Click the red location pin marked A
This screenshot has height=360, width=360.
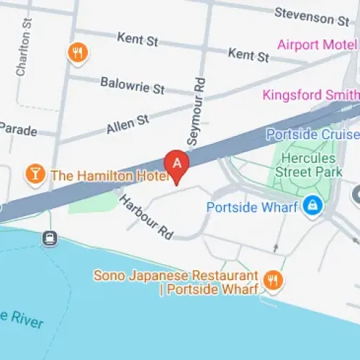(x=177, y=163)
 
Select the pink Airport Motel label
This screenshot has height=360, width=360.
(x=317, y=45)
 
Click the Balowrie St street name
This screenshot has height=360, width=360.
(x=132, y=85)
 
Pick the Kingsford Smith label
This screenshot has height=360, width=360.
(x=310, y=95)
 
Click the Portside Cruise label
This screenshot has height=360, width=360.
(x=312, y=135)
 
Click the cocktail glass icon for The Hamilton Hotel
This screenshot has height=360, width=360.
(x=34, y=174)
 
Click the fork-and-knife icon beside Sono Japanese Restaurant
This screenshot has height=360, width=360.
(x=272, y=281)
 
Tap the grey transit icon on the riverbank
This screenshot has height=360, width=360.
(x=49, y=238)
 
